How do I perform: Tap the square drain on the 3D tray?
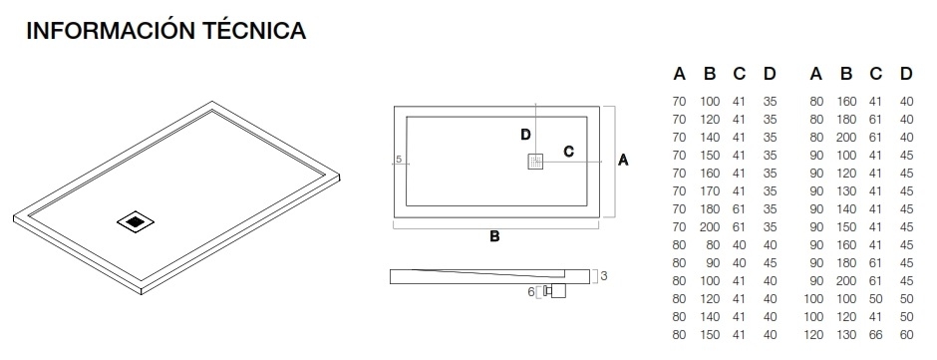[x=136, y=222]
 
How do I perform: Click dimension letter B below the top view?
[x=493, y=236]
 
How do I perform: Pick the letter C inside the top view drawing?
[x=568, y=152]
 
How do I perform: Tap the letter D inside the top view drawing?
[x=525, y=135]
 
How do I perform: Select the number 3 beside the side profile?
[x=603, y=276]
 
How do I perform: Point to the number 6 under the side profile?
[x=531, y=292]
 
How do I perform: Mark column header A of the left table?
[x=679, y=73]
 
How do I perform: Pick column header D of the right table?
[x=906, y=73]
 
